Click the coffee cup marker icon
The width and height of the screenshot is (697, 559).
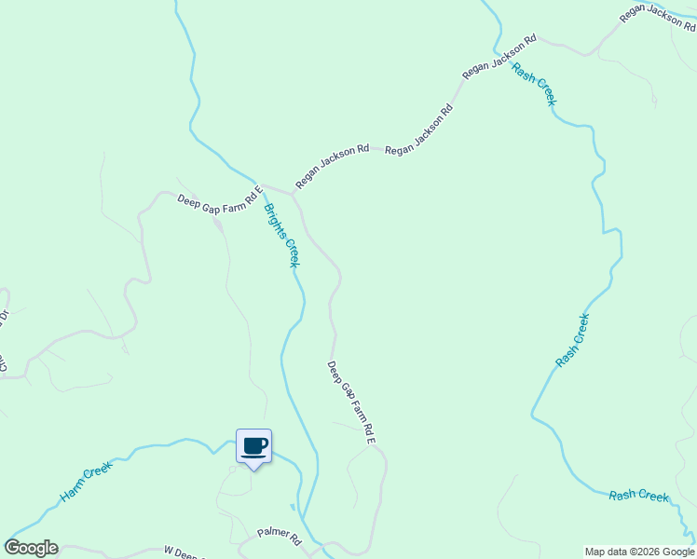[x=253, y=446]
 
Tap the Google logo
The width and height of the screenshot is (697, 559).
[x=31, y=548]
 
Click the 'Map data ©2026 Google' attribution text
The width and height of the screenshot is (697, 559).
[x=640, y=552]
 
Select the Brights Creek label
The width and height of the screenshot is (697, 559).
[x=281, y=235]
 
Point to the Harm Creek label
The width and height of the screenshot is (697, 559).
[x=86, y=481]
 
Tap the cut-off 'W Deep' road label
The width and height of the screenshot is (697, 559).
[x=184, y=553]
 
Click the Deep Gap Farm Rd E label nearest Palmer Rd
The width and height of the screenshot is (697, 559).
[x=350, y=402]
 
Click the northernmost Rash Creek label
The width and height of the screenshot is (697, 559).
[x=534, y=85]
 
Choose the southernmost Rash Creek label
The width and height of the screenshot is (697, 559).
[x=639, y=496]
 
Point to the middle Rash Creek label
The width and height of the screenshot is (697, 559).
[x=572, y=339]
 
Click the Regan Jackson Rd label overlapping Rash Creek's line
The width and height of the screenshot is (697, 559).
[x=499, y=57]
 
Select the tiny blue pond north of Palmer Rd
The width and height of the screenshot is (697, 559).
[x=292, y=509]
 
